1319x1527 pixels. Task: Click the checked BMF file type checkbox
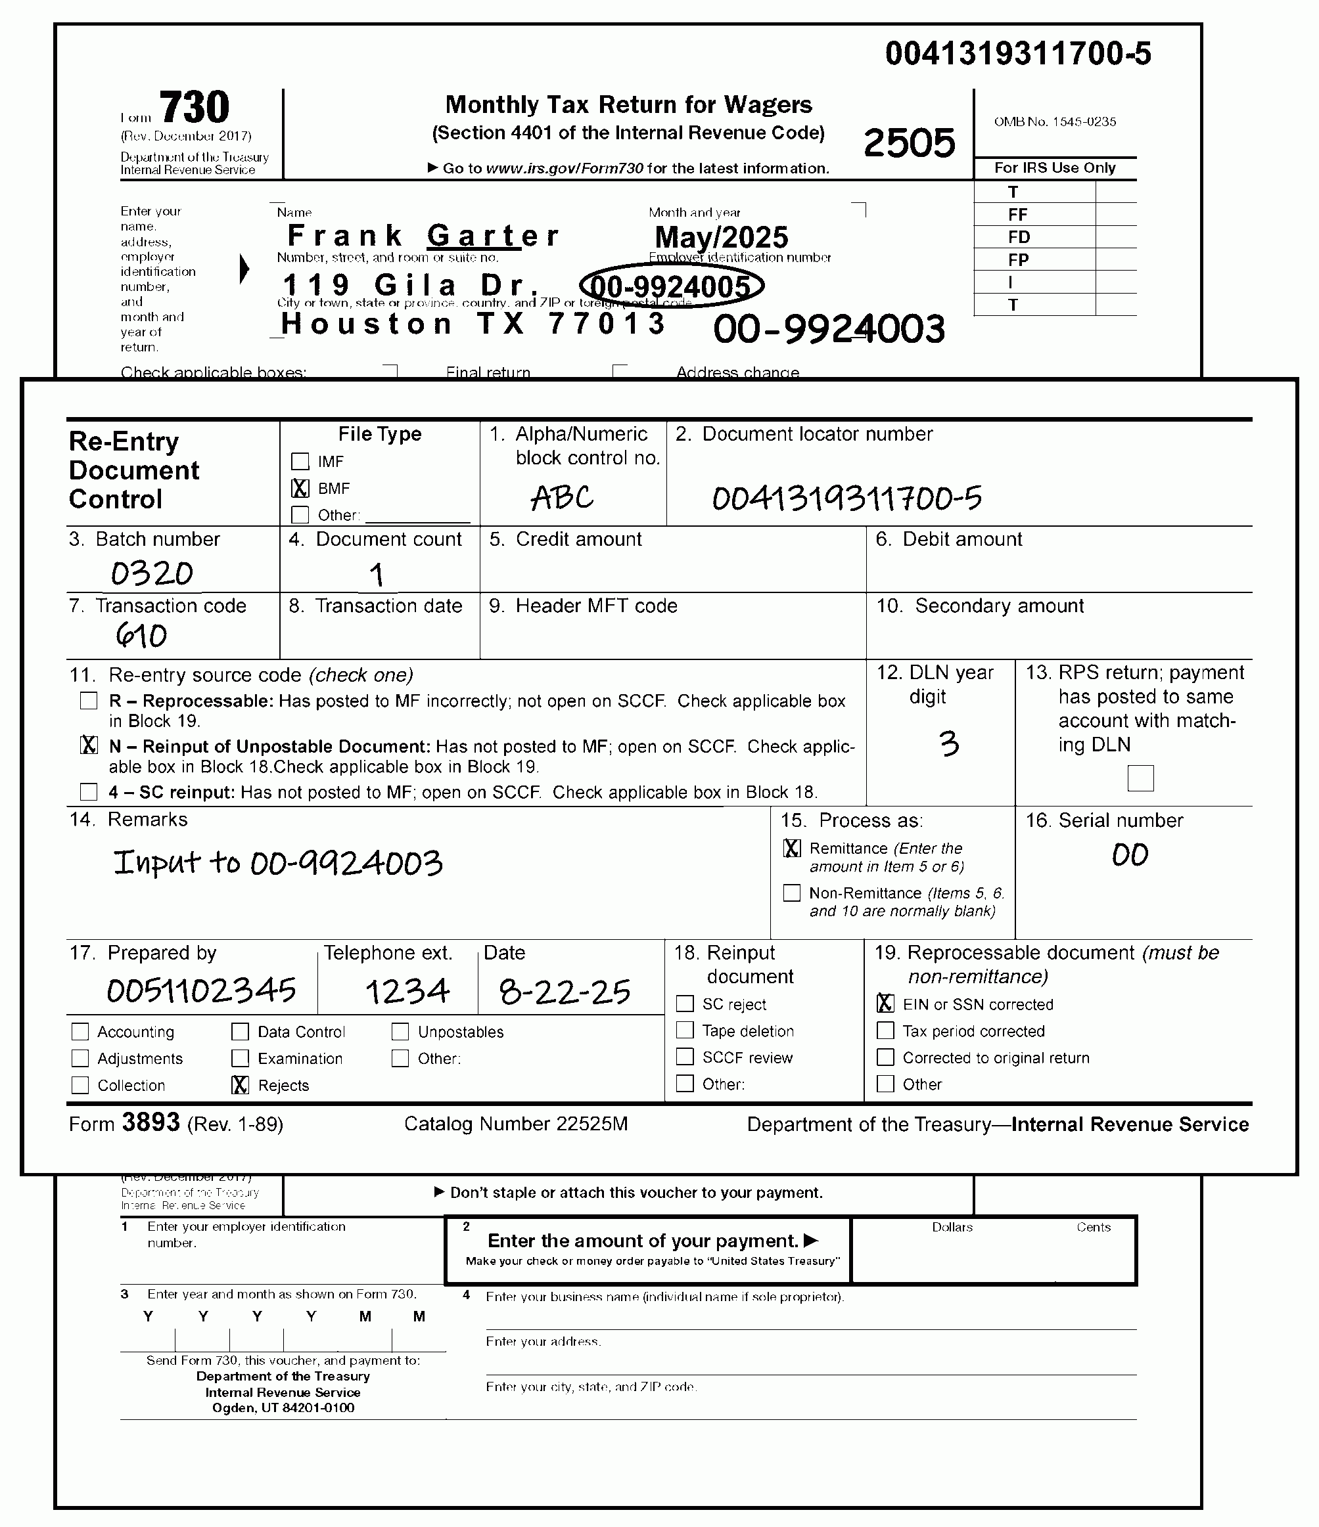click(x=300, y=488)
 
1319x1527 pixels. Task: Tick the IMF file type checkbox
click(x=300, y=461)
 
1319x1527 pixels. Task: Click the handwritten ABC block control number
click(x=562, y=498)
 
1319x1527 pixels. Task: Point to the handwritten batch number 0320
click(x=152, y=573)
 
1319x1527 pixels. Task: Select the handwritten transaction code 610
click(x=141, y=635)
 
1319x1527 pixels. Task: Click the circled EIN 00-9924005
click(x=671, y=286)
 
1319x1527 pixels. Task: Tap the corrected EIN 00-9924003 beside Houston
click(x=829, y=328)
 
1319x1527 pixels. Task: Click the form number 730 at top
click(x=195, y=108)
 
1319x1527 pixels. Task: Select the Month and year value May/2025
click(x=721, y=237)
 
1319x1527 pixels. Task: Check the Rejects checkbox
click(x=241, y=1085)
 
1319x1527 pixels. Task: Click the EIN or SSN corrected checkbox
click(x=885, y=1004)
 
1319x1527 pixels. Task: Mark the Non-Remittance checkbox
click(x=792, y=893)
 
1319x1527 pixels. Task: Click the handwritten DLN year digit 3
click(x=949, y=743)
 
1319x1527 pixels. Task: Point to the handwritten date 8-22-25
click(x=565, y=992)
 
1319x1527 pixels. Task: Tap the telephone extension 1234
click(x=407, y=992)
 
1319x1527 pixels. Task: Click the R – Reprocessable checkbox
click(x=89, y=701)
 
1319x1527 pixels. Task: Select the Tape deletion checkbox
click(x=685, y=1030)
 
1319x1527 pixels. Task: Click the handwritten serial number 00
click(x=1130, y=856)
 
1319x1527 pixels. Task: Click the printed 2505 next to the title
click(x=909, y=143)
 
